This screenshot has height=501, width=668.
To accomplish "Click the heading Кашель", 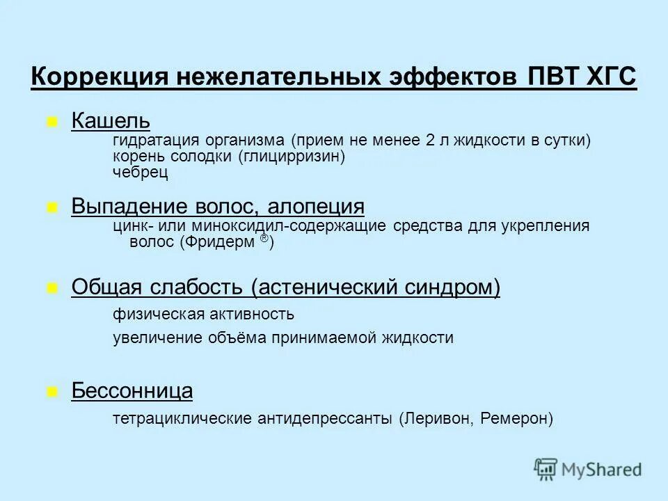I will tap(111, 121).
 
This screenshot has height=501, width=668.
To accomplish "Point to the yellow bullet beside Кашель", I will tap(51, 122).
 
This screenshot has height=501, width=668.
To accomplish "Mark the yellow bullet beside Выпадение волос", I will tap(51, 207).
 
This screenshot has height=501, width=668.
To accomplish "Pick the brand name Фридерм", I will tap(221, 242).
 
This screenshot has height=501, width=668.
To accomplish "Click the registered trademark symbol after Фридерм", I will tap(264, 238).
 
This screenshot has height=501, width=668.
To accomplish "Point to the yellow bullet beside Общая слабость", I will tap(51, 287).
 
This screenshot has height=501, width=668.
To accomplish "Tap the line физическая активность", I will tap(203, 315).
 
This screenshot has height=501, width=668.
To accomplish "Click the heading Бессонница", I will tap(132, 391).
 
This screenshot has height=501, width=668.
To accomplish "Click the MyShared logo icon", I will tap(546, 469).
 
